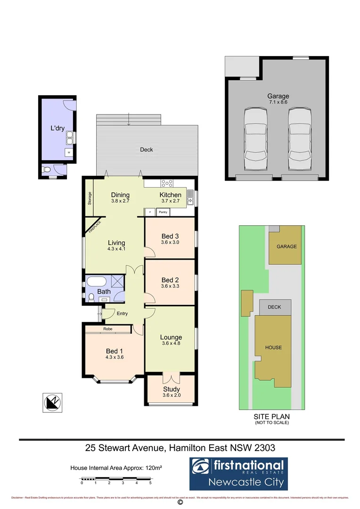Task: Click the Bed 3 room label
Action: tap(170, 236)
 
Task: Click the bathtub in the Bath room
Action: tap(97, 282)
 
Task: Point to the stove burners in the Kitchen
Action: tap(166, 183)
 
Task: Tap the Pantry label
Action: tap(163, 212)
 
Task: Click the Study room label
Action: tap(171, 389)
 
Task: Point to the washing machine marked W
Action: tap(69, 153)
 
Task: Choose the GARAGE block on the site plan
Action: tap(286, 246)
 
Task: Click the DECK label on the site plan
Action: tap(274, 307)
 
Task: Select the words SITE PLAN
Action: tap(272, 417)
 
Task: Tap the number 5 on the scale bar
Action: tap(150, 483)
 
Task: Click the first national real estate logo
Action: tap(238, 473)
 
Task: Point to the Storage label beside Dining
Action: tap(90, 198)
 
